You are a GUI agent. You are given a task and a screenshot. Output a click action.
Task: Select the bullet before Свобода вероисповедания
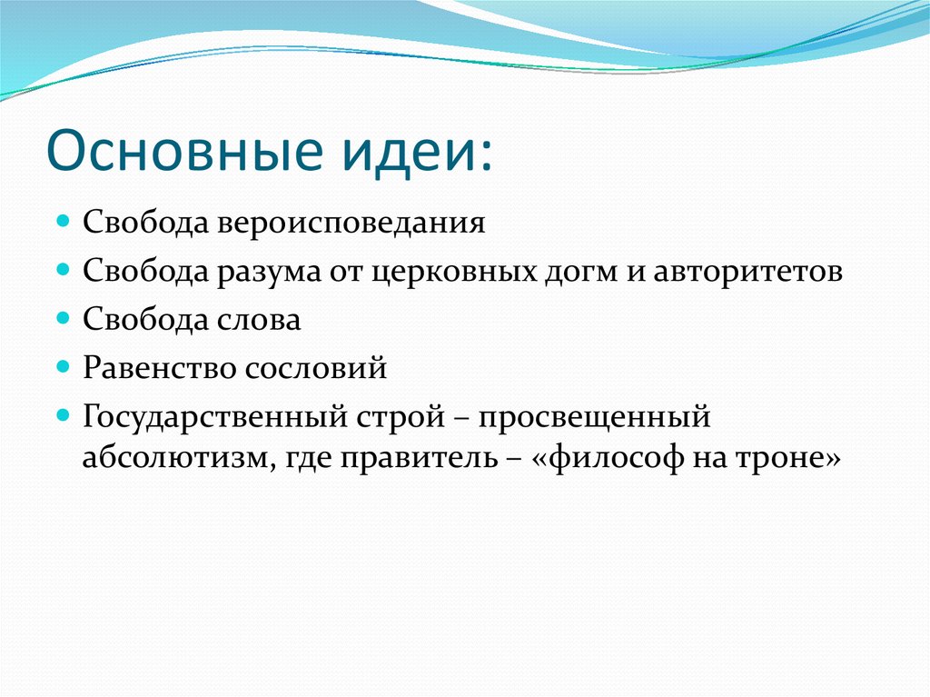point(64,222)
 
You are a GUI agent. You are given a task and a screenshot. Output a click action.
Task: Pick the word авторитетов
point(747,272)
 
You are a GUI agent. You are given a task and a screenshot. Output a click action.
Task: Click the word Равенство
point(155,368)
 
